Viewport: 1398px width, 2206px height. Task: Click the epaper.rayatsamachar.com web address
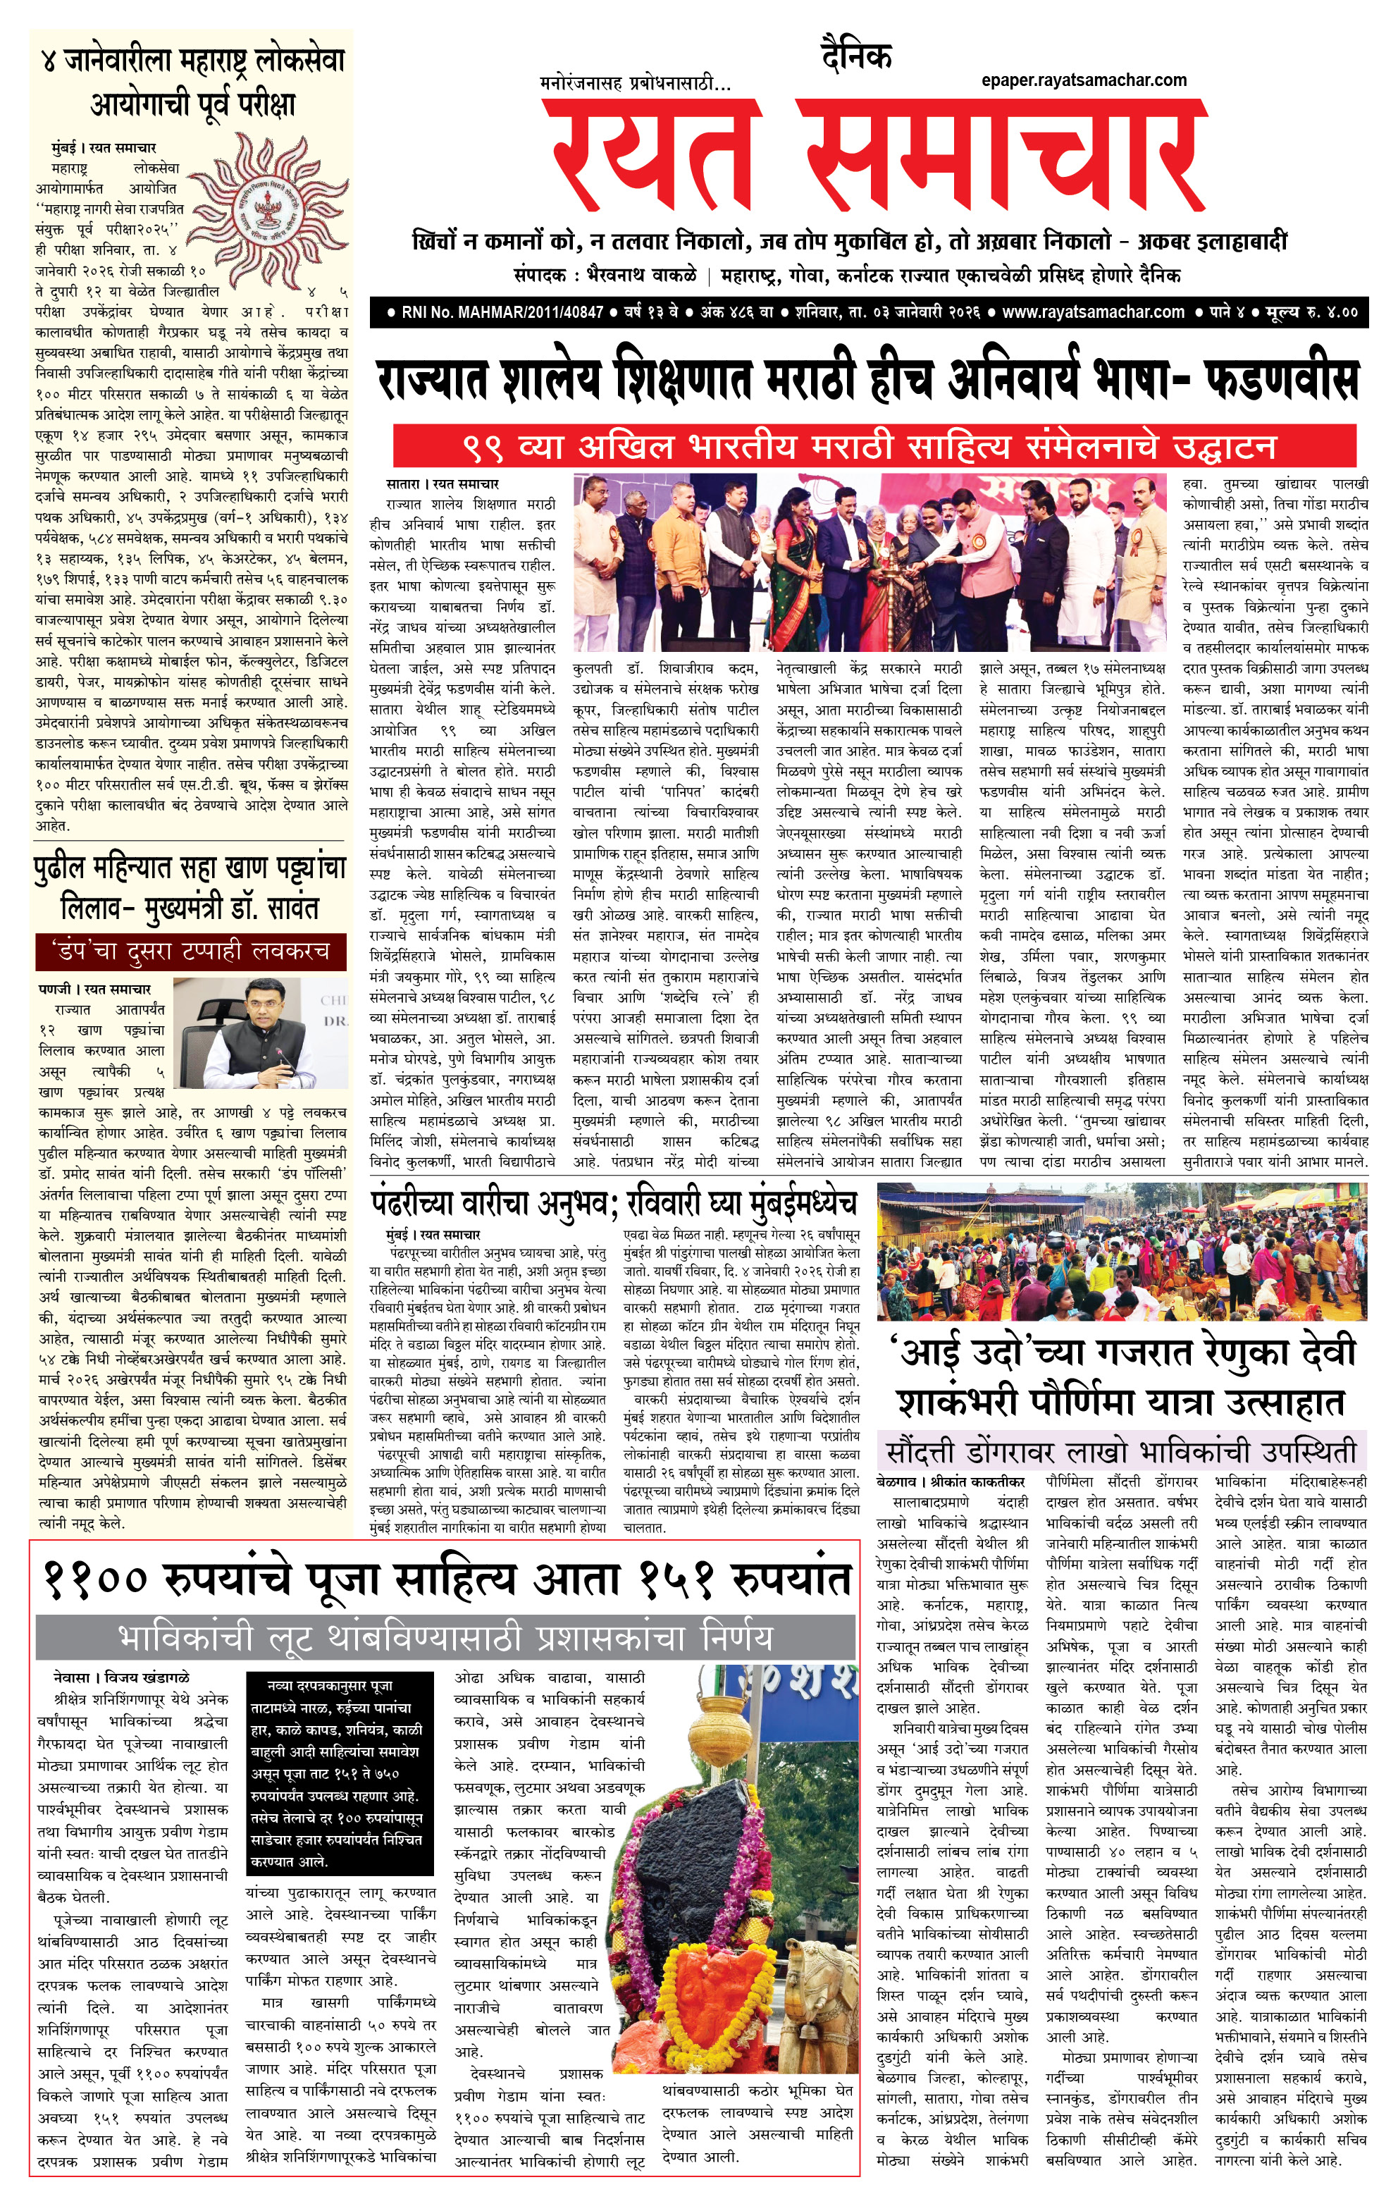point(1084,80)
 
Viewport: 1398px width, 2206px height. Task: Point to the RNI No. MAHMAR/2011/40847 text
point(502,312)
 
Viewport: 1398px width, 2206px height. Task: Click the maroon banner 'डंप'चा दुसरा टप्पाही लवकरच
point(190,951)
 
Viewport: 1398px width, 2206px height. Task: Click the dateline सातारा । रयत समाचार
point(443,483)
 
